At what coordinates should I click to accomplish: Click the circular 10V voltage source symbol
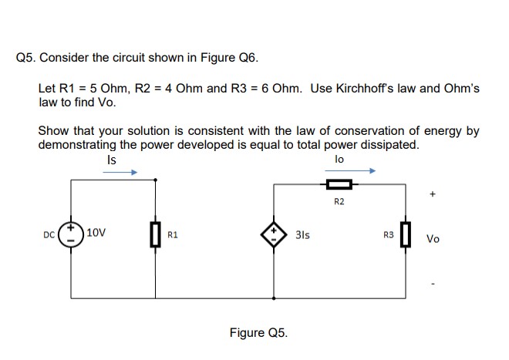click(72, 232)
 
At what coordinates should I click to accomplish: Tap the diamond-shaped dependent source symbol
click(273, 233)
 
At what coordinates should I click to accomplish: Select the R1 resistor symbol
click(157, 233)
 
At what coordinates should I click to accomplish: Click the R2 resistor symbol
click(339, 184)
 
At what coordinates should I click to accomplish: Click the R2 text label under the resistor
click(339, 202)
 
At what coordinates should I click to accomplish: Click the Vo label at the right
click(433, 239)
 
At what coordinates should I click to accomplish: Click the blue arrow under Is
click(120, 173)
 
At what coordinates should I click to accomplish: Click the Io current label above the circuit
click(339, 159)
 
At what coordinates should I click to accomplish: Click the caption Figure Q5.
click(258, 333)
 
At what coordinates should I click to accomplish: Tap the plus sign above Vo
click(433, 196)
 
